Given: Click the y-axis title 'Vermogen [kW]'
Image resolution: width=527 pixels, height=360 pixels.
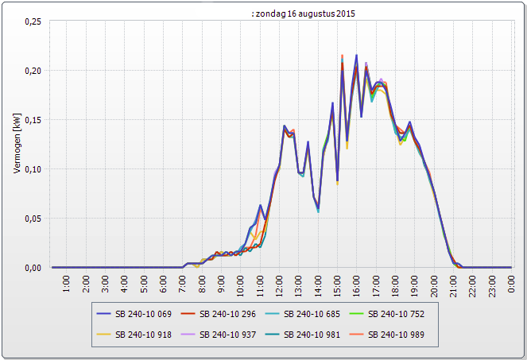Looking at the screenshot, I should click(16, 144).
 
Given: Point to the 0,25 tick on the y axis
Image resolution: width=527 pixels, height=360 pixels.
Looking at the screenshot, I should click(30, 21).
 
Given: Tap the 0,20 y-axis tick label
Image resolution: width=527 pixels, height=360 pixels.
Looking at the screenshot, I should click(30, 71).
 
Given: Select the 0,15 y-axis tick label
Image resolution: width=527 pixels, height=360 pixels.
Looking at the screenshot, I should click(30, 120).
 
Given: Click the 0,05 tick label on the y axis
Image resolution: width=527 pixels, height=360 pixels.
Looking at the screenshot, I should click(30, 219).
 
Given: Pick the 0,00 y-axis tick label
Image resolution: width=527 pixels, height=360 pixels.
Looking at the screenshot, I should click(30, 268).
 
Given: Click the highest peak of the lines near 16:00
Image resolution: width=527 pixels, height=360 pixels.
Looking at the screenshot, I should click(356, 55).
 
